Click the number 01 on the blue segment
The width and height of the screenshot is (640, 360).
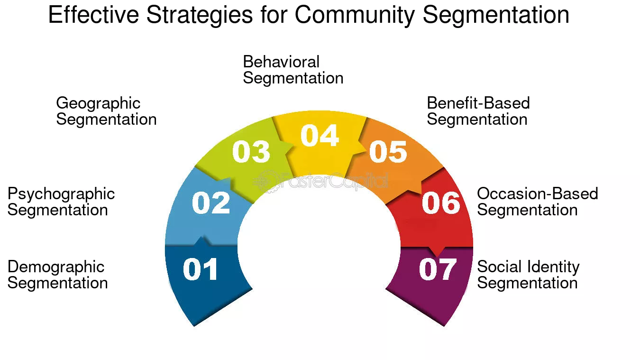coord(201,269)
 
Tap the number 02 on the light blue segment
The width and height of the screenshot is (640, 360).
coord(211,203)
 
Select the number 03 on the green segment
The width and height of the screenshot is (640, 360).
coord(251,152)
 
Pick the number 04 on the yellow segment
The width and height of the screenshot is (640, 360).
coord(320,136)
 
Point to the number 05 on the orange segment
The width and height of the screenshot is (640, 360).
coord(388,152)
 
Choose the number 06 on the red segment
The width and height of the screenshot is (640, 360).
coord(441,203)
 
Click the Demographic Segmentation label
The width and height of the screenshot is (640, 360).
coord(57,275)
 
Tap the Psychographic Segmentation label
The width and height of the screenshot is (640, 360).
coord(61,202)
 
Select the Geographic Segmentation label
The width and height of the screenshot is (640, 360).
coord(106,111)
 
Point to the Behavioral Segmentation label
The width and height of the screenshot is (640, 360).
coord(293,70)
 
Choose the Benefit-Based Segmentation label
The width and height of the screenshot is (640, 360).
coord(478,111)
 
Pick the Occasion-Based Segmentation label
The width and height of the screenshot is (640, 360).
coord(537,202)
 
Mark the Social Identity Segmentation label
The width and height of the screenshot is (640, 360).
coord(528,275)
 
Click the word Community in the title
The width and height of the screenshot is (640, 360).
coord(356,15)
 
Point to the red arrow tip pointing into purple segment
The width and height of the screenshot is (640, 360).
coord(437,253)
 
